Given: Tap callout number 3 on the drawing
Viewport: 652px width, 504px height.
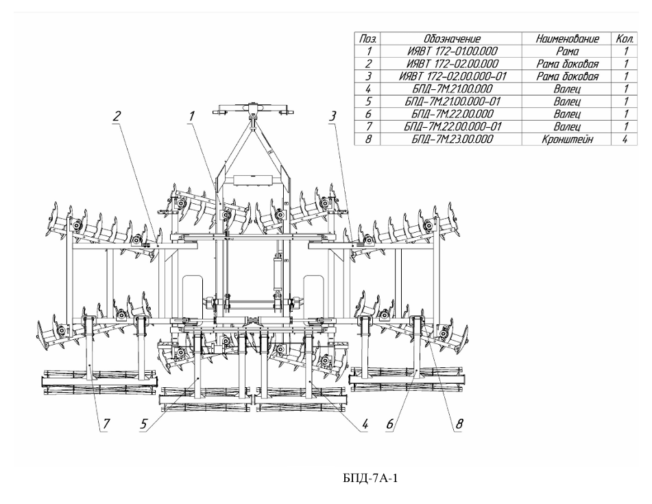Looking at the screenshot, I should (x=333, y=116).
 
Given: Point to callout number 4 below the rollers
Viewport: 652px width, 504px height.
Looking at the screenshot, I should (x=365, y=424).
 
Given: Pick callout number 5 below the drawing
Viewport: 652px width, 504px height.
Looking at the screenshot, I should (x=144, y=424).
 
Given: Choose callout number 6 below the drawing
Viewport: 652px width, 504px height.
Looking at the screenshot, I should (x=389, y=424).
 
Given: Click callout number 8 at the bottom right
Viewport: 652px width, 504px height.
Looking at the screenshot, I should (x=458, y=424).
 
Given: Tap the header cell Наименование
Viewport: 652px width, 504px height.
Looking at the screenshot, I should (x=568, y=39).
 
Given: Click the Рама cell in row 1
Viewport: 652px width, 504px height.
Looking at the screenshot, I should (x=568, y=51).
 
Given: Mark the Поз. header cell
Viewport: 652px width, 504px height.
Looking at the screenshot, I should (x=368, y=39).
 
